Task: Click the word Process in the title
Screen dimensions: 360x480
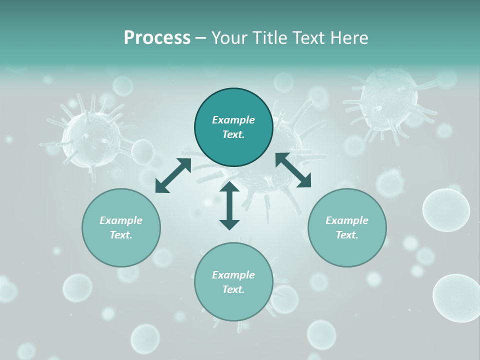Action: pos(157,38)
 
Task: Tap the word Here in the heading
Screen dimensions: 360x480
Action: pos(348,38)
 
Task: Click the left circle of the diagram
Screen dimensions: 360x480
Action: pos(121,227)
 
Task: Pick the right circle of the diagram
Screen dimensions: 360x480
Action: pos(347,227)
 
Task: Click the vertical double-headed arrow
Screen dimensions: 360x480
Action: pos(229,205)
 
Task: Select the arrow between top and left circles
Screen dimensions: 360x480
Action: pos(173,175)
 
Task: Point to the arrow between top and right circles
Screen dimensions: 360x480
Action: pos(293,170)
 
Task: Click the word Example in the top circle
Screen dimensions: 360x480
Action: pos(233,120)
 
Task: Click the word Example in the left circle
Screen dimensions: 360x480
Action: pos(121,220)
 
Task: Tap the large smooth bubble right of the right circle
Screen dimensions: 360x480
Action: pos(446,210)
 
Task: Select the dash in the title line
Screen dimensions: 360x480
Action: pos(200,38)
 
